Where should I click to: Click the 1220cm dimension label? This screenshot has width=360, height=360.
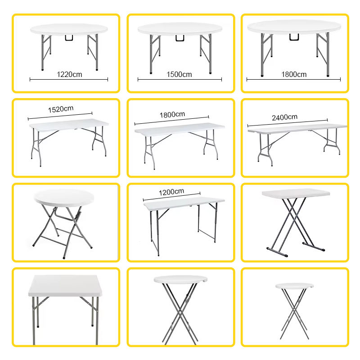(69, 75)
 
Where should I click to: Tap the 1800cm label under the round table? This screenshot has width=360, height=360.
(294, 74)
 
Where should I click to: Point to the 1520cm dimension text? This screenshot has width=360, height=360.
(60, 110)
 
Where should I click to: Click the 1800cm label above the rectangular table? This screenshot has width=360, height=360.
(172, 115)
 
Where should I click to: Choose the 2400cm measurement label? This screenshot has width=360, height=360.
(284, 117)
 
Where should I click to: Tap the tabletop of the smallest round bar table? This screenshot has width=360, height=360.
(294, 286)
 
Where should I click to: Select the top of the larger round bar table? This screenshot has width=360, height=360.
(180, 279)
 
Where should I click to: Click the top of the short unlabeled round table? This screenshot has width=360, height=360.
(65, 196)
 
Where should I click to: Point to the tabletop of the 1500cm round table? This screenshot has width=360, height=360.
(180, 28)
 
